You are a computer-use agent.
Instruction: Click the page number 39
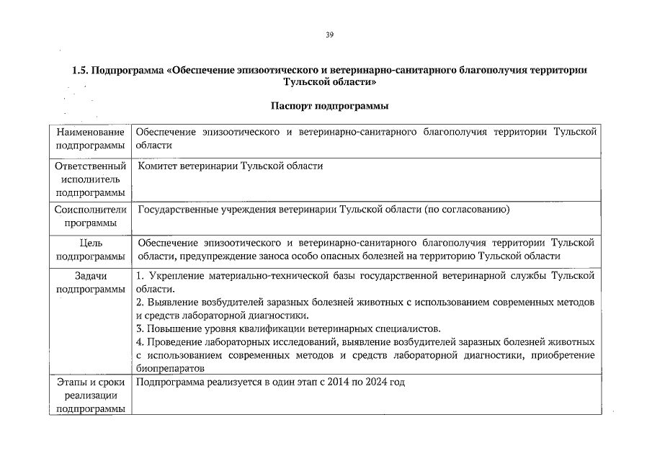click(x=329, y=35)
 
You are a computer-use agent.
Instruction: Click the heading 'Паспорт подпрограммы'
click(x=329, y=107)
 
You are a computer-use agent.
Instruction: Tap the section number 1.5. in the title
click(x=81, y=71)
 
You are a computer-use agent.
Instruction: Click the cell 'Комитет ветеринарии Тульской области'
click(x=231, y=166)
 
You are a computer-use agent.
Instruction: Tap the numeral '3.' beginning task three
click(x=140, y=328)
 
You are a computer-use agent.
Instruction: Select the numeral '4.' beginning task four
click(x=140, y=341)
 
